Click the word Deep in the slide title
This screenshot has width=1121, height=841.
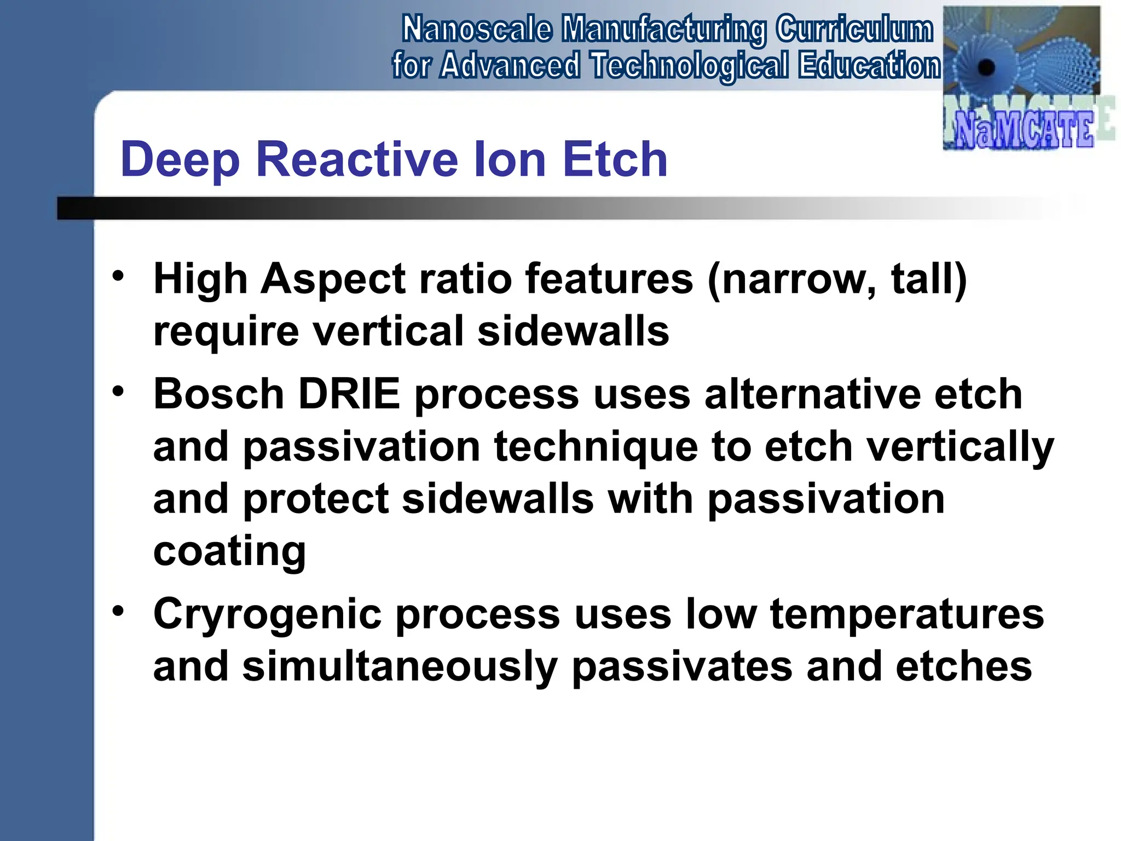(x=180, y=160)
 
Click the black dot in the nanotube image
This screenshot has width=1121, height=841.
(x=986, y=68)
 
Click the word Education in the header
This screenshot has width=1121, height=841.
(x=869, y=66)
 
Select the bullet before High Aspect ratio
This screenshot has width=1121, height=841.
(x=118, y=275)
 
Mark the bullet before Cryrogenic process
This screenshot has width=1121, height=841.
(x=118, y=610)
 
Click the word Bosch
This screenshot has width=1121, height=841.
(x=218, y=394)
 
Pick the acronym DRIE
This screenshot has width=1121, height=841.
(x=349, y=394)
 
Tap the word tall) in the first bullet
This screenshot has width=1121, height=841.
(x=929, y=279)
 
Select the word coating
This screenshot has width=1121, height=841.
(x=229, y=551)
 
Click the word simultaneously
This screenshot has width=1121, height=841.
(x=400, y=667)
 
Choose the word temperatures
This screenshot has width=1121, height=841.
(x=907, y=614)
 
